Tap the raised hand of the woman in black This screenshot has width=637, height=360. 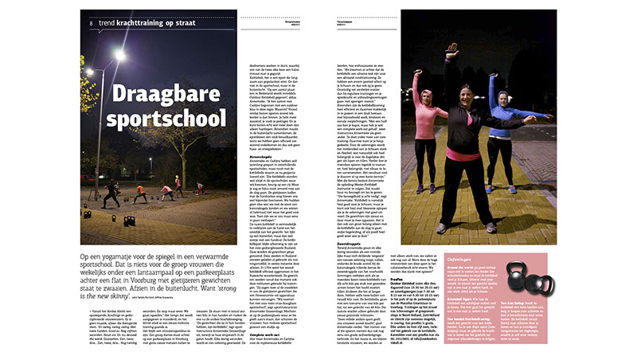(x=452, y=49)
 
